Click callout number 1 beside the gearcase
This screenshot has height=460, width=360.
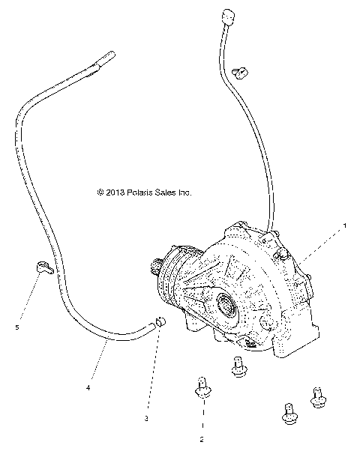point(345,224)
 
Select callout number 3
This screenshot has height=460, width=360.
point(147,417)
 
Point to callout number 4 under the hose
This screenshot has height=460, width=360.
point(88,388)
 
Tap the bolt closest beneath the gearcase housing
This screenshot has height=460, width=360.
point(237,366)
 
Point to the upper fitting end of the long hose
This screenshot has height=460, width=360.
point(103,58)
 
